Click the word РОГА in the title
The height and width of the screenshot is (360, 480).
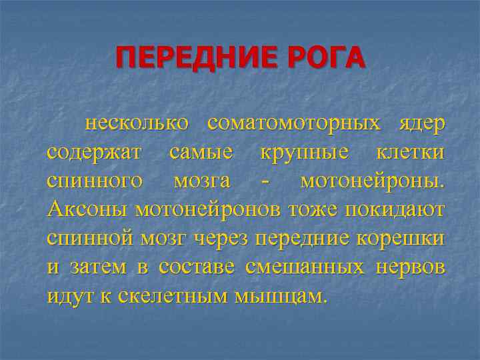(325, 58)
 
